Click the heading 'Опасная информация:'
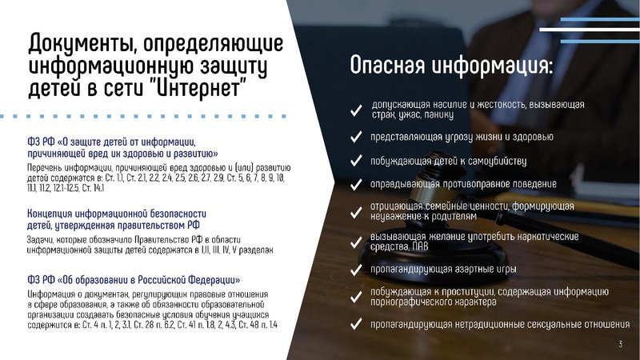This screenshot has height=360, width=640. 451,67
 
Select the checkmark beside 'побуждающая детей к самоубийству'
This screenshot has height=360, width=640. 354,162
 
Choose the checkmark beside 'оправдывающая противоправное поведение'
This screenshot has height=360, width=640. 354,185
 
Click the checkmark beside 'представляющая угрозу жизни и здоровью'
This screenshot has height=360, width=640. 354,138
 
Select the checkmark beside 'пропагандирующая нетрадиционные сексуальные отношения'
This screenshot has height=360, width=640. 354,325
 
